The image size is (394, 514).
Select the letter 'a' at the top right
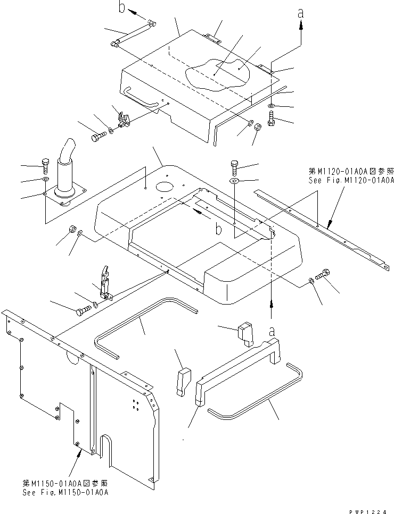(x=300, y=13)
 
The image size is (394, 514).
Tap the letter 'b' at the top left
(x=122, y=7)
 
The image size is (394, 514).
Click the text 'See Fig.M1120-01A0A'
(x=351, y=180)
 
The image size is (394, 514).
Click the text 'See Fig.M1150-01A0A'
(x=65, y=492)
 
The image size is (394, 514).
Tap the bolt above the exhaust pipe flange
(x=45, y=166)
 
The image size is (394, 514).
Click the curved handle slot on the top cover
(x=139, y=97)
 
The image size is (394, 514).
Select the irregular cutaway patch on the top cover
(x=217, y=74)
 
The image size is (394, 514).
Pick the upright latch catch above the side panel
(x=105, y=282)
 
